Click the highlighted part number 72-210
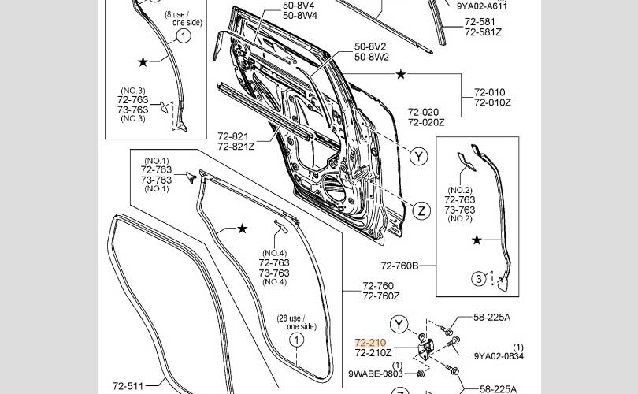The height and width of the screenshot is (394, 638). (x=370, y=343)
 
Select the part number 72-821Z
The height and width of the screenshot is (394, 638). (x=236, y=146)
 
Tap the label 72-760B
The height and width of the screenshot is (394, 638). (x=399, y=266)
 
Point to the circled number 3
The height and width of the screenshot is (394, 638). (x=479, y=279)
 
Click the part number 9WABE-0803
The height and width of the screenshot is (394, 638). (x=376, y=374)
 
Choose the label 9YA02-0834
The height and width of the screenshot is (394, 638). (x=499, y=356)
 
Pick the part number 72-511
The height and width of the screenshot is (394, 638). (x=128, y=386)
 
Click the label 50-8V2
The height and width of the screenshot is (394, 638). (x=370, y=46)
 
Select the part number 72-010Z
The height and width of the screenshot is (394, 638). (x=492, y=102)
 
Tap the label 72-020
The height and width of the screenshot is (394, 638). (x=423, y=112)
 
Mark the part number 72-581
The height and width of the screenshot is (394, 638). (x=480, y=22)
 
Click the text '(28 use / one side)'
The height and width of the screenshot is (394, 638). (x=297, y=322)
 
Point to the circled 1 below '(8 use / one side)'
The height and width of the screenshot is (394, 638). (x=184, y=35)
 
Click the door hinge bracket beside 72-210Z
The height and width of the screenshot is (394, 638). (x=426, y=347)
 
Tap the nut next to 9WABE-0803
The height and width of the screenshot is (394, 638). (x=421, y=373)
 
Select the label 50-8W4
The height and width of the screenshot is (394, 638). (x=300, y=16)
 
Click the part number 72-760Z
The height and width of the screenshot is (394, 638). (x=381, y=296)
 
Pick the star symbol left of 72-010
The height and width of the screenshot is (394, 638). (x=401, y=75)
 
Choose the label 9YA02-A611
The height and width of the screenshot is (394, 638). (x=482, y=6)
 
